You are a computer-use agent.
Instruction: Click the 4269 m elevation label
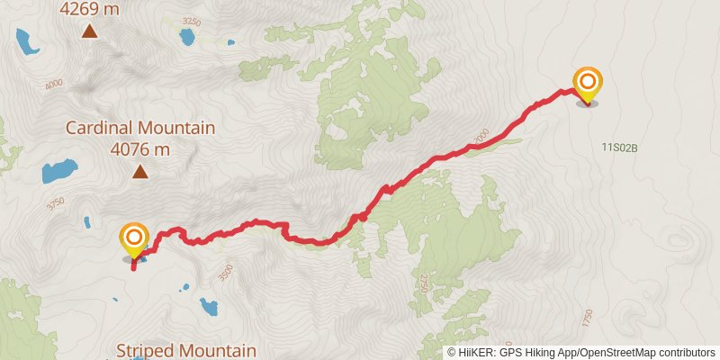click(90, 10)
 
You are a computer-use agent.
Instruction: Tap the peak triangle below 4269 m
click(90, 32)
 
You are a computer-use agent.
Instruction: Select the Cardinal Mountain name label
click(139, 128)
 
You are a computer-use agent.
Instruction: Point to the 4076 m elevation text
click(140, 149)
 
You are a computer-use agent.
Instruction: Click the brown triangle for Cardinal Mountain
click(140, 171)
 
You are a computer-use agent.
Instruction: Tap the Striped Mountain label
click(187, 350)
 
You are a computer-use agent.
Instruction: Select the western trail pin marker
click(134, 239)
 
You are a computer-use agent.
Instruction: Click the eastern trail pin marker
click(588, 85)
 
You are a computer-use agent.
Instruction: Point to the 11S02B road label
click(620, 146)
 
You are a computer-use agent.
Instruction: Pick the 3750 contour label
click(56, 203)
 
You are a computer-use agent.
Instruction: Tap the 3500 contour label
click(226, 268)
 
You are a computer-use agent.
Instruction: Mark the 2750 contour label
click(423, 284)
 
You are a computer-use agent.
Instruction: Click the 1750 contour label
click(588, 319)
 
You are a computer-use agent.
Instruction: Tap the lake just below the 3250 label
click(187, 38)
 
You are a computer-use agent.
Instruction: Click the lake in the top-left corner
click(26, 41)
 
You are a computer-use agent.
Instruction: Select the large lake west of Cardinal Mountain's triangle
click(59, 169)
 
